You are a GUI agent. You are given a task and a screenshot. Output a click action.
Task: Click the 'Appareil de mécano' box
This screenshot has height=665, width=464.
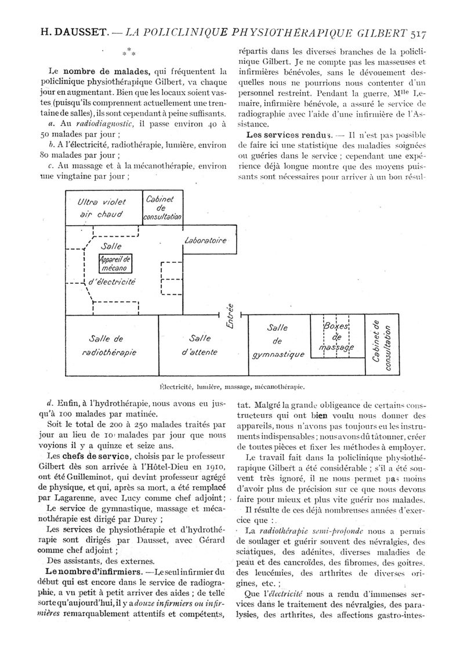[x=116, y=264]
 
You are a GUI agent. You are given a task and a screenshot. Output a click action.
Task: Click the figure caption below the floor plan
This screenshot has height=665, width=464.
[x=231, y=385]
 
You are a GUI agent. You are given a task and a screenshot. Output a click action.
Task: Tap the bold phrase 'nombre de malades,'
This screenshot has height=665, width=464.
[x=111, y=72]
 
